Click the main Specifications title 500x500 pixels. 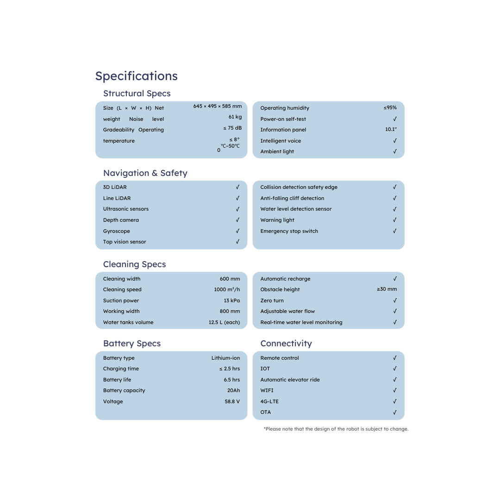click(136, 76)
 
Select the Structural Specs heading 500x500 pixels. click(137, 94)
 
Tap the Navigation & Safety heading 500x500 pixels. click(145, 173)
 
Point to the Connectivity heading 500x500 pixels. click(286, 344)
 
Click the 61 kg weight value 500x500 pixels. click(235, 117)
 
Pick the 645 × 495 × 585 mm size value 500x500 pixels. click(217, 106)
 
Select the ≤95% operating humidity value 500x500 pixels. click(390, 108)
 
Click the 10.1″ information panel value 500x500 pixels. click(391, 130)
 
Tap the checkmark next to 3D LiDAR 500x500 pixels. click(237, 187)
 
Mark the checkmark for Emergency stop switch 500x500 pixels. click(394, 231)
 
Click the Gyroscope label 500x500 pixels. click(116, 231)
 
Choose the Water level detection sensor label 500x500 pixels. click(296, 209)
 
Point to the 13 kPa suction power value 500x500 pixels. click(231, 300)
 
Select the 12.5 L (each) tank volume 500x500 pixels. click(224, 322)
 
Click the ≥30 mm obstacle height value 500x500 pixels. click(387, 289)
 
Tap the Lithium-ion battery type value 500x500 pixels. click(225, 358)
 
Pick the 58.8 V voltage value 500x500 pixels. click(232, 401)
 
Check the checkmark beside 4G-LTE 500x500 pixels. click(394, 401)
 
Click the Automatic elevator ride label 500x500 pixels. click(290, 380)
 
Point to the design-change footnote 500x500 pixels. click(336, 429)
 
